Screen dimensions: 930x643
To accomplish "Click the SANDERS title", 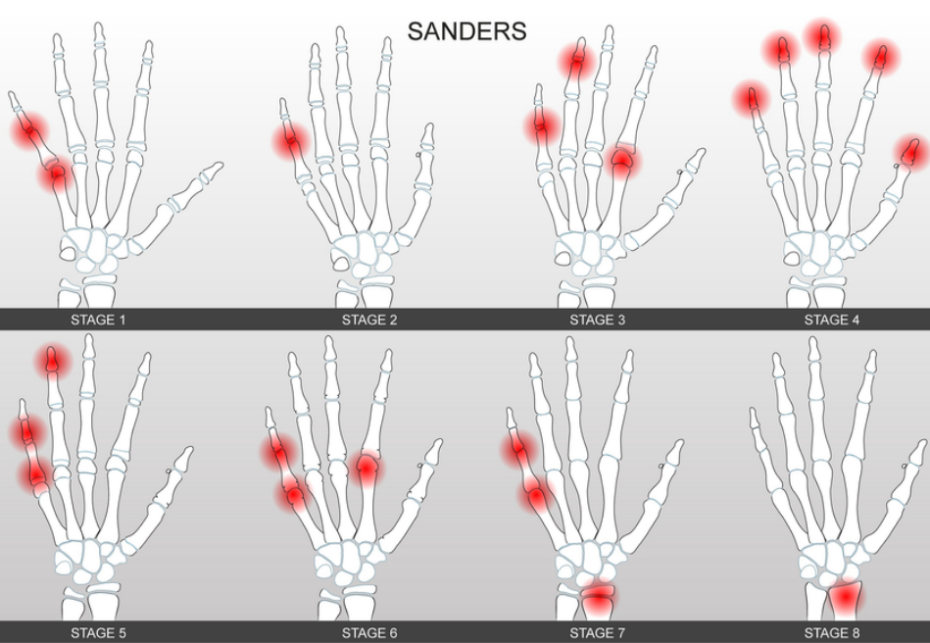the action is click(x=466, y=30).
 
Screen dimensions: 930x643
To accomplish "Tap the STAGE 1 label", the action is click(x=98, y=320).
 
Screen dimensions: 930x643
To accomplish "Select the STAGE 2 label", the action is click(x=369, y=320).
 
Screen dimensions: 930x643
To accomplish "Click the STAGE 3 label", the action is click(x=597, y=320).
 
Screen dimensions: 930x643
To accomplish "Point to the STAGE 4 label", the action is click(x=832, y=320).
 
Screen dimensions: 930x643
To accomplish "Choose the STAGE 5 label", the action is click(x=98, y=633).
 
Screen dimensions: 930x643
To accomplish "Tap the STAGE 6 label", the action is click(x=369, y=633).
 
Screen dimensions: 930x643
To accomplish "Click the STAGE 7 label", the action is click(x=597, y=633).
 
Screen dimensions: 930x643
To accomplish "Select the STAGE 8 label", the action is click(x=832, y=633).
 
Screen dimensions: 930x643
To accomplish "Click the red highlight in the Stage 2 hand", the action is click(x=291, y=142).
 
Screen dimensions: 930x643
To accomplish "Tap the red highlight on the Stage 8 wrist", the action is click(x=845, y=598).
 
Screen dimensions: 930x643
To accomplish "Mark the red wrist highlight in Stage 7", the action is click(x=597, y=596).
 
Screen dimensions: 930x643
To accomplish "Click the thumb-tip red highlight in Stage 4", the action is click(x=911, y=152).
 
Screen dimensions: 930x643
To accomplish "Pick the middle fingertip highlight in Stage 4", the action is click(x=823, y=37).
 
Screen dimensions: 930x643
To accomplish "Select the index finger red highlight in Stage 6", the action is click(x=367, y=469).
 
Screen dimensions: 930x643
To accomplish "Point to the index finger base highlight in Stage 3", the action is click(x=620, y=162).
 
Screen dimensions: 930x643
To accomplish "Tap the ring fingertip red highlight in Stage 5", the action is click(x=54, y=361).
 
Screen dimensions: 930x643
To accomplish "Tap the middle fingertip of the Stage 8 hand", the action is click(x=813, y=344).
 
